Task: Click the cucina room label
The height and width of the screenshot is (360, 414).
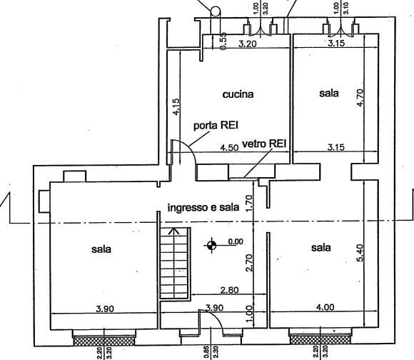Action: tap(238, 94)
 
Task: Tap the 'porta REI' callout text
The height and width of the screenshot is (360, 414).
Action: tap(216, 125)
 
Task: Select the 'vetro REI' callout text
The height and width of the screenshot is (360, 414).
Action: tap(264, 144)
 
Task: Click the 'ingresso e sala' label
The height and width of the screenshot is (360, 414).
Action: tap(203, 208)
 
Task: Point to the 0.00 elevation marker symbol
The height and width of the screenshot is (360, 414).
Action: tap(211, 246)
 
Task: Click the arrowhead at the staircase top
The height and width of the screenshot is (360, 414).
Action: tap(173, 231)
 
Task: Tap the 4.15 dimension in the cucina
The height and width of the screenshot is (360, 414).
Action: tap(176, 106)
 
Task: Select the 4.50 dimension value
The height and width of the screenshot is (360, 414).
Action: tap(230, 148)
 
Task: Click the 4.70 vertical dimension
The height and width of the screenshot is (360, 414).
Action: tap(360, 97)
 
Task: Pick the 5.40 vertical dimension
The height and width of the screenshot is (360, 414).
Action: tap(360, 253)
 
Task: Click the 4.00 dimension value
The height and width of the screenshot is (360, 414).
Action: tap(325, 307)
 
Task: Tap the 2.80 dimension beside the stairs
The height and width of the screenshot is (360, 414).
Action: tap(229, 290)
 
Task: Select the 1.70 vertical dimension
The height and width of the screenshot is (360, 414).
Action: tap(249, 203)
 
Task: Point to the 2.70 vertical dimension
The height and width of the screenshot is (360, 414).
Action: tap(249, 263)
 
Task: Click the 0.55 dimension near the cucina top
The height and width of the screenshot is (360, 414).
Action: tap(223, 41)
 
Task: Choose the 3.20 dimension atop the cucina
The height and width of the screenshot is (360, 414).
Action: tap(248, 44)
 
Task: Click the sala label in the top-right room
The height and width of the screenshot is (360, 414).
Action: tap(329, 94)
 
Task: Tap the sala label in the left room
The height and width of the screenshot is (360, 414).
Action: tap(101, 249)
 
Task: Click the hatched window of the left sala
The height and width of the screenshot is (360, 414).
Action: tap(103, 340)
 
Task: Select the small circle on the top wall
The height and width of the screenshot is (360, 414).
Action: tap(216, 11)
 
